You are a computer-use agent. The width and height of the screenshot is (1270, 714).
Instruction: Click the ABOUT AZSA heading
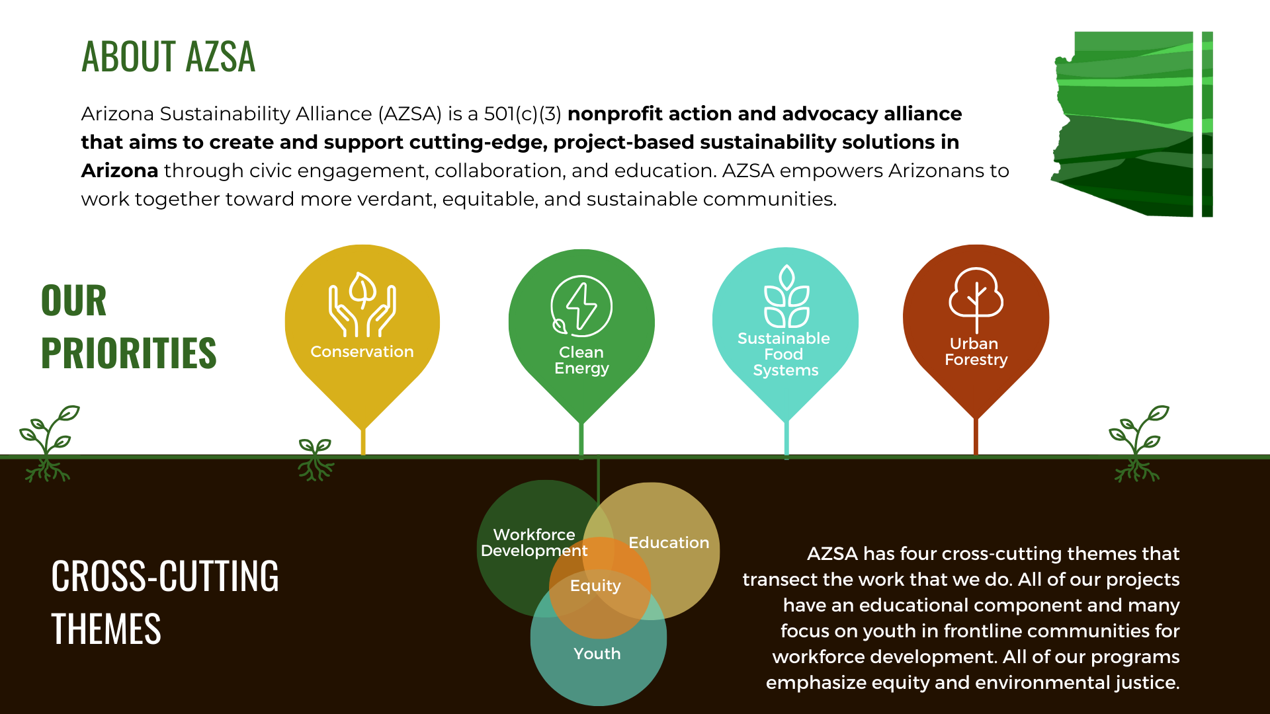[x=168, y=56]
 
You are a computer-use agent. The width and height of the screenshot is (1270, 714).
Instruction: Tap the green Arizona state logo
[x=1131, y=124]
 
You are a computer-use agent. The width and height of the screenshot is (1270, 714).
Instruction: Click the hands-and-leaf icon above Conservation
[x=362, y=305]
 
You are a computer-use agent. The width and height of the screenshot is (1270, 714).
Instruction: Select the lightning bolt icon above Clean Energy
[x=581, y=306]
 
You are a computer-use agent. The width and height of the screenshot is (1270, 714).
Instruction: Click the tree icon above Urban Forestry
[x=976, y=299]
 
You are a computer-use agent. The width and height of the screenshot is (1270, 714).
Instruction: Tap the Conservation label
[x=362, y=352]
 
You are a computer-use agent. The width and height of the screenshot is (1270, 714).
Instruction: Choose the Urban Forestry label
[x=976, y=352]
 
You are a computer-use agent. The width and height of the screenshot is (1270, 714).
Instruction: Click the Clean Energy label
[x=581, y=360]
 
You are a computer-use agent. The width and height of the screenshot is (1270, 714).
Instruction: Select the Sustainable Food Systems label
[x=784, y=354]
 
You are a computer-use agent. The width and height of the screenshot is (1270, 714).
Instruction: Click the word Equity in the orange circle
[x=595, y=586]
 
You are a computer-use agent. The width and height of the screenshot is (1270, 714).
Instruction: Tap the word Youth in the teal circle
[x=597, y=654]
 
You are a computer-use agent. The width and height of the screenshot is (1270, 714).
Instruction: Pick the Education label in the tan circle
[x=668, y=543]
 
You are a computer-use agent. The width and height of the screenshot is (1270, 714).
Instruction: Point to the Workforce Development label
[x=534, y=543]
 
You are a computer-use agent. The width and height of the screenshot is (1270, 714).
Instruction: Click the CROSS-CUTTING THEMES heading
[x=165, y=602]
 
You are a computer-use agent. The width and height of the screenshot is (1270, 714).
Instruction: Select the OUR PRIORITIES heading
[x=128, y=327]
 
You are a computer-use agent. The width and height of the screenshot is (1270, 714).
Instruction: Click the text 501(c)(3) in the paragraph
[x=522, y=114]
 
